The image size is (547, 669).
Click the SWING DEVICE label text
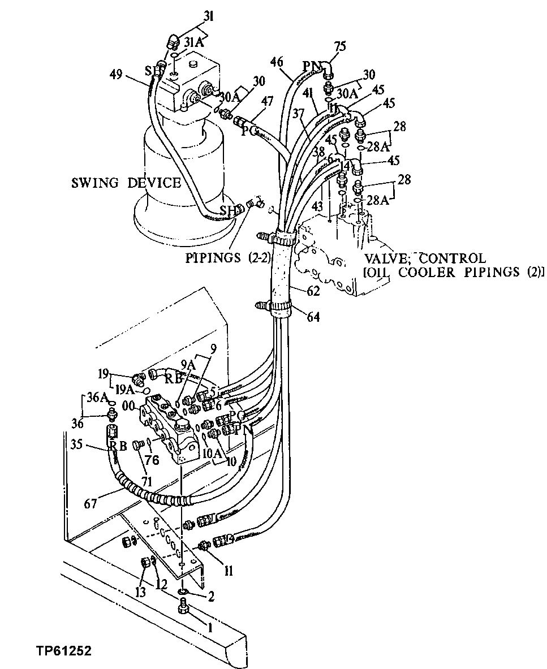click(126, 183)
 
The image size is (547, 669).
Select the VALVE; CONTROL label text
click(424, 258)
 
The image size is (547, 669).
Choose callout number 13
click(140, 592)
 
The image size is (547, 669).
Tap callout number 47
click(267, 102)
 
